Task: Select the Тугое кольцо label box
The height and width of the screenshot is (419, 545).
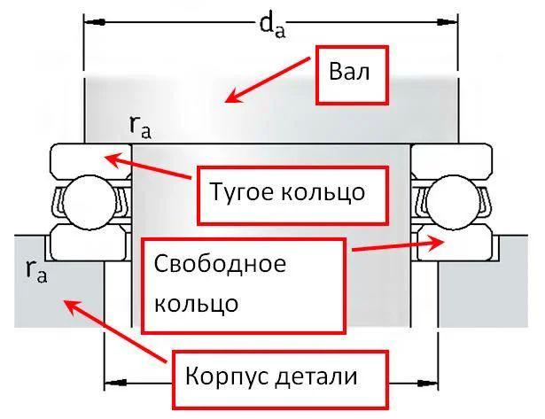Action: tap(286, 190)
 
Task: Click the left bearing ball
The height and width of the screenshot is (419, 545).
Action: tap(82, 198)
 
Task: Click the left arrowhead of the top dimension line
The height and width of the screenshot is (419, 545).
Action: tap(91, 19)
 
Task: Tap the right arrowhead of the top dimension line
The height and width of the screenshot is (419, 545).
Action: tap(451, 19)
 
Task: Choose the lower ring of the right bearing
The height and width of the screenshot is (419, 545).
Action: tap(451, 239)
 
